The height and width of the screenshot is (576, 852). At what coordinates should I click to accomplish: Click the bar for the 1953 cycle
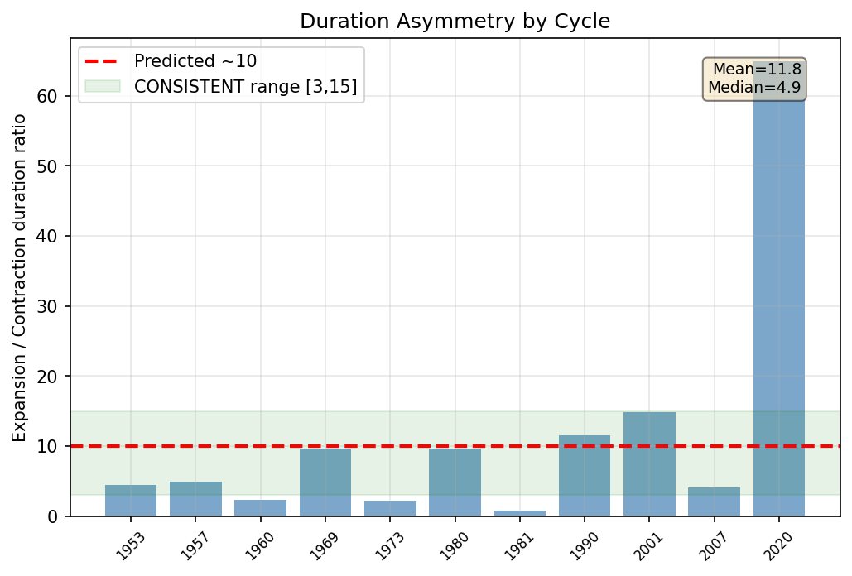[x=131, y=501]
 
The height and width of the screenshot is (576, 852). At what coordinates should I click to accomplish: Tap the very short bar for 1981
[x=520, y=513]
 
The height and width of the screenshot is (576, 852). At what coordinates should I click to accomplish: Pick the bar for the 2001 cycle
[x=649, y=464]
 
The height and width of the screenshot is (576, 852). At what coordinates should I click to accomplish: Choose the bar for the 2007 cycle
[x=714, y=502]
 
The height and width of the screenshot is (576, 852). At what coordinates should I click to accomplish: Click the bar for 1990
[x=585, y=476]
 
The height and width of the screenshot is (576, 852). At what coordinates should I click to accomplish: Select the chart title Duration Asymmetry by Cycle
[x=455, y=22]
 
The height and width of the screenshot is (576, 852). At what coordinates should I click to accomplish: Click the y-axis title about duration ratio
[x=19, y=277]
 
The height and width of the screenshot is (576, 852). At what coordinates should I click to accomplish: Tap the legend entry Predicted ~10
[x=195, y=61]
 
